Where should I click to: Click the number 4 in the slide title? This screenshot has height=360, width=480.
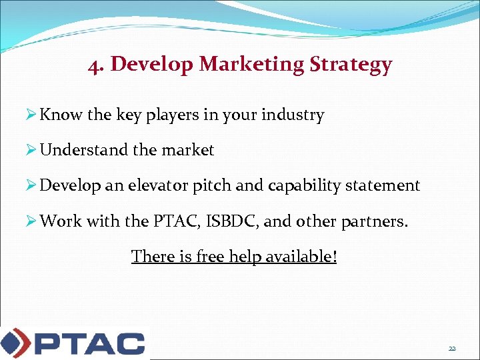(93, 65)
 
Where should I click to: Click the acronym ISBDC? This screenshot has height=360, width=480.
(229, 221)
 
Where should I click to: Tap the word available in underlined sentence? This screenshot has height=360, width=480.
(300, 256)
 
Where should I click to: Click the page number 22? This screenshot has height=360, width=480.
(452, 348)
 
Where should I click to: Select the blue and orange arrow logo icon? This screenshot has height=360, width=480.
(14, 343)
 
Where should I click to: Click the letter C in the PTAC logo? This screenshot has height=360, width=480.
(127, 343)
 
